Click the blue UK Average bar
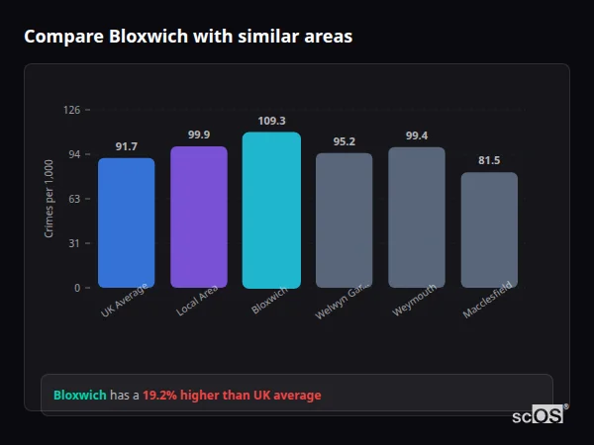pyautogui.click(x=126, y=222)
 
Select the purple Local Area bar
pyautogui.click(x=199, y=218)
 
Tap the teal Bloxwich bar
pyautogui.click(x=271, y=210)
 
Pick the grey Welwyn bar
pyautogui.click(x=344, y=221)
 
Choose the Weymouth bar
pyautogui.click(x=417, y=218)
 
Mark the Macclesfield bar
pyautogui.click(x=489, y=230)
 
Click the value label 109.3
pyautogui.click(x=271, y=121)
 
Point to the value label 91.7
pyautogui.click(x=126, y=146)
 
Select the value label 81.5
pyautogui.click(x=489, y=160)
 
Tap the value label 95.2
pyautogui.click(x=344, y=141)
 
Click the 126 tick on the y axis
pyautogui.click(x=71, y=110)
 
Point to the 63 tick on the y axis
pyautogui.click(x=74, y=199)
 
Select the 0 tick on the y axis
pyautogui.click(x=76, y=288)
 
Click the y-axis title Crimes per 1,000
pyautogui.click(x=49, y=198)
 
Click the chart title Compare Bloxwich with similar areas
pyautogui.click(x=188, y=37)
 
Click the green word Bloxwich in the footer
pyautogui.click(x=79, y=396)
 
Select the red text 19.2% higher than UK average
pyautogui.click(x=232, y=396)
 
